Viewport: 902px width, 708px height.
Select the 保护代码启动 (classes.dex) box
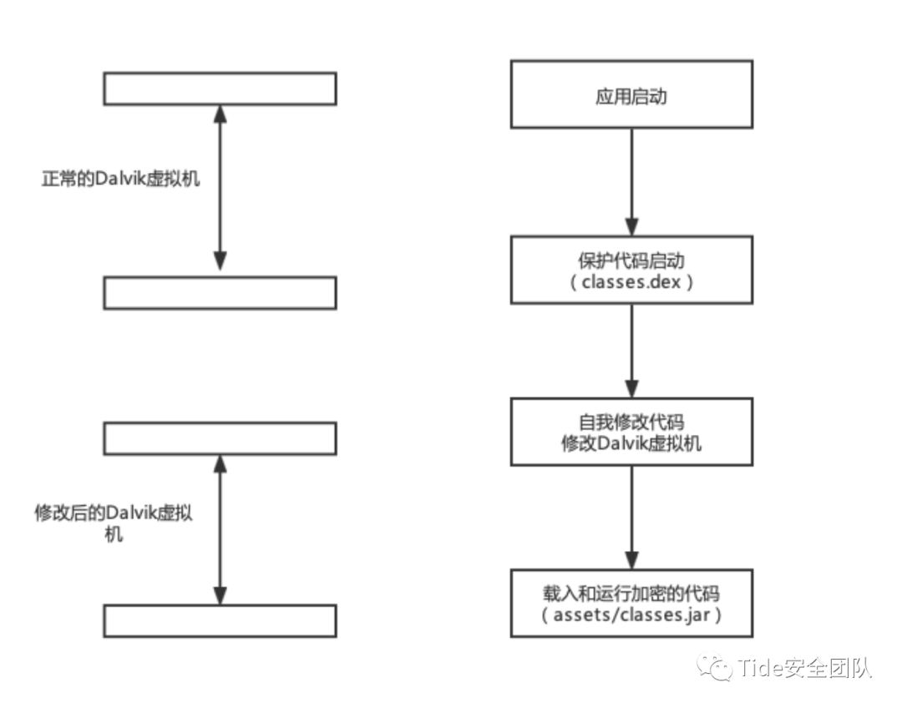point(631,269)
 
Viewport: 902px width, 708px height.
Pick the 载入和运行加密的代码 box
point(631,603)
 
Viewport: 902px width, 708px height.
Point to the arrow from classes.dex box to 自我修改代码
point(631,350)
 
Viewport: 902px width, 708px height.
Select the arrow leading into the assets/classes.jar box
point(631,517)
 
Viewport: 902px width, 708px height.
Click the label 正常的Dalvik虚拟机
point(121,179)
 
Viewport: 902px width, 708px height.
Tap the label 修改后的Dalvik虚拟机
point(113,523)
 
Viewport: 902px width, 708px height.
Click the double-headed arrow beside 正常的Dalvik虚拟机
point(220,188)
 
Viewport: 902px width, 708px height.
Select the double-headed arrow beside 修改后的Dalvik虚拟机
point(220,529)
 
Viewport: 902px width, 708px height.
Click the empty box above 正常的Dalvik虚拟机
point(220,88)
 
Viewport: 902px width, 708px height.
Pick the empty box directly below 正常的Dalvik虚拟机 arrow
point(220,293)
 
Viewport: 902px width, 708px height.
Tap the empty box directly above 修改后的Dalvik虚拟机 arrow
point(220,437)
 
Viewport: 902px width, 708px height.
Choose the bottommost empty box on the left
point(220,621)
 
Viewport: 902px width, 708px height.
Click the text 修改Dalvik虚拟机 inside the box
point(631,442)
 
